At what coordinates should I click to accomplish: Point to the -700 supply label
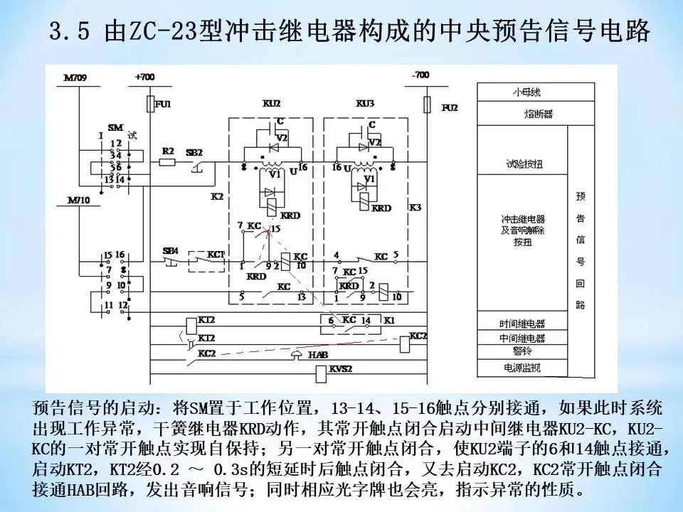tap(420, 75)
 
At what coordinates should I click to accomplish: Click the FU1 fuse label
tap(164, 105)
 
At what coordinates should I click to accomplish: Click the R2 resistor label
tap(168, 151)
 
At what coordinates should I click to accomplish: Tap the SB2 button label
tap(195, 153)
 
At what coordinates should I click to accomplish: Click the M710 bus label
tap(75, 201)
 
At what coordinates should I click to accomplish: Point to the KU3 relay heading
tap(364, 104)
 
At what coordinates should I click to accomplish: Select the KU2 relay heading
tap(272, 104)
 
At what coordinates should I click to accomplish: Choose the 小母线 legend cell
tap(521, 92)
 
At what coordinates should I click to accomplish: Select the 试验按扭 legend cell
tap(521, 164)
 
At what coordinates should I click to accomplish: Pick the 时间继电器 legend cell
tap(521, 324)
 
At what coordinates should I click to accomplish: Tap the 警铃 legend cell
tap(521, 352)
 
